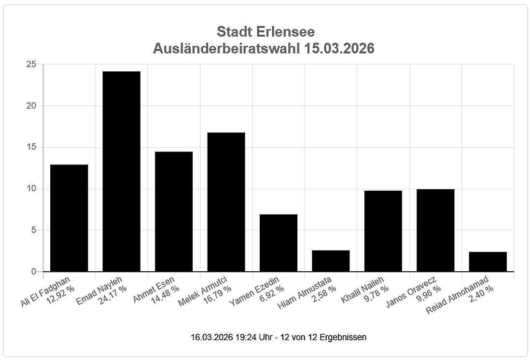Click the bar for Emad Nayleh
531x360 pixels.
click(121, 171)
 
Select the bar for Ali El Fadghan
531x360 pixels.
click(69, 218)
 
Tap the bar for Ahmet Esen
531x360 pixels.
click(174, 211)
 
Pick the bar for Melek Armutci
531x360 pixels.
click(226, 202)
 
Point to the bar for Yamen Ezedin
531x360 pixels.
click(279, 243)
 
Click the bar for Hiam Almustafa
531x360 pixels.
click(331, 261)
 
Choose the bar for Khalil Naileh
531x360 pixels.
click(383, 231)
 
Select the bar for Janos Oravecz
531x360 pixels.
click(435, 230)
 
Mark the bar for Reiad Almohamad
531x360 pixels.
click(488, 262)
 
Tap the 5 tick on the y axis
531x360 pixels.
click(33, 230)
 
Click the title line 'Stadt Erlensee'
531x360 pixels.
click(265, 32)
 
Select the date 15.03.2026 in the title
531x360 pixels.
click(339, 49)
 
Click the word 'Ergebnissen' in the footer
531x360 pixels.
click(345, 337)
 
